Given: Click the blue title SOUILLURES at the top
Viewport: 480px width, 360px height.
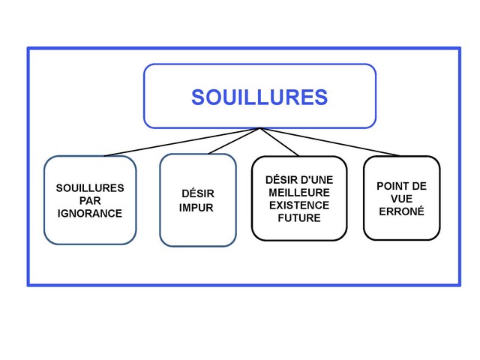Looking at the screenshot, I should [259, 97].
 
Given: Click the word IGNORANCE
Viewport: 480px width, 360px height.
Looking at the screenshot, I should [90, 213].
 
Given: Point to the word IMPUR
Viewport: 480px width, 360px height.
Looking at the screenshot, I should [196, 208].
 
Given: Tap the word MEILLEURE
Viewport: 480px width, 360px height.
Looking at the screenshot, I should [299, 193].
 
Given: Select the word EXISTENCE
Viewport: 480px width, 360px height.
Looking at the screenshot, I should [299, 205].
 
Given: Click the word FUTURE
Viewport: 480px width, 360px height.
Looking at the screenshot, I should [299, 218].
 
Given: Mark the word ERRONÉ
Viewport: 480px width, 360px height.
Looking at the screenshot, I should [401, 211].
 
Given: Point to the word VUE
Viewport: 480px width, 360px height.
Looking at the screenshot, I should [401, 199].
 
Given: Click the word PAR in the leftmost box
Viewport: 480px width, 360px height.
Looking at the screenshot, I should [90, 200].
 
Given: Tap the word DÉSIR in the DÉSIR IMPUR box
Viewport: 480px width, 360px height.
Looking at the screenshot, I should [198, 193].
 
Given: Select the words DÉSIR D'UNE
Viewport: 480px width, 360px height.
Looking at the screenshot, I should [299, 180].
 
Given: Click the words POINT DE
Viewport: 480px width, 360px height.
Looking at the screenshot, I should [401, 186].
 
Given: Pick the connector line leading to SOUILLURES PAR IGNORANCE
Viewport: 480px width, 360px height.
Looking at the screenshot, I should [180, 142].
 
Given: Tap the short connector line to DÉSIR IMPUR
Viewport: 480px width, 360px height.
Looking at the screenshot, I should [234, 141].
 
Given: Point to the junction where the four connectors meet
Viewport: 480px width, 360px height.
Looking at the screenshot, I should [260, 128].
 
